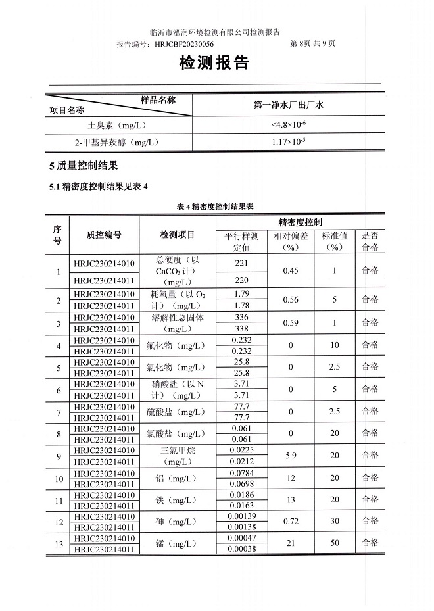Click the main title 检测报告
[214, 63]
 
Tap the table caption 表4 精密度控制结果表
[215, 207]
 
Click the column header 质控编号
[104, 235]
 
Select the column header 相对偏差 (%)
[291, 241]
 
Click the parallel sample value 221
[241, 263]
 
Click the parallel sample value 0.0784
[241, 474]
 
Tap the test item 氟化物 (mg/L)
[178, 346]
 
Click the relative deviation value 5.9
[291, 456]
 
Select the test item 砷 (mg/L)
[178, 522]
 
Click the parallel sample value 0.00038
[241, 549]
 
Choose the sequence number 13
[59, 544]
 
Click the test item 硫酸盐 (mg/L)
[178, 412]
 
